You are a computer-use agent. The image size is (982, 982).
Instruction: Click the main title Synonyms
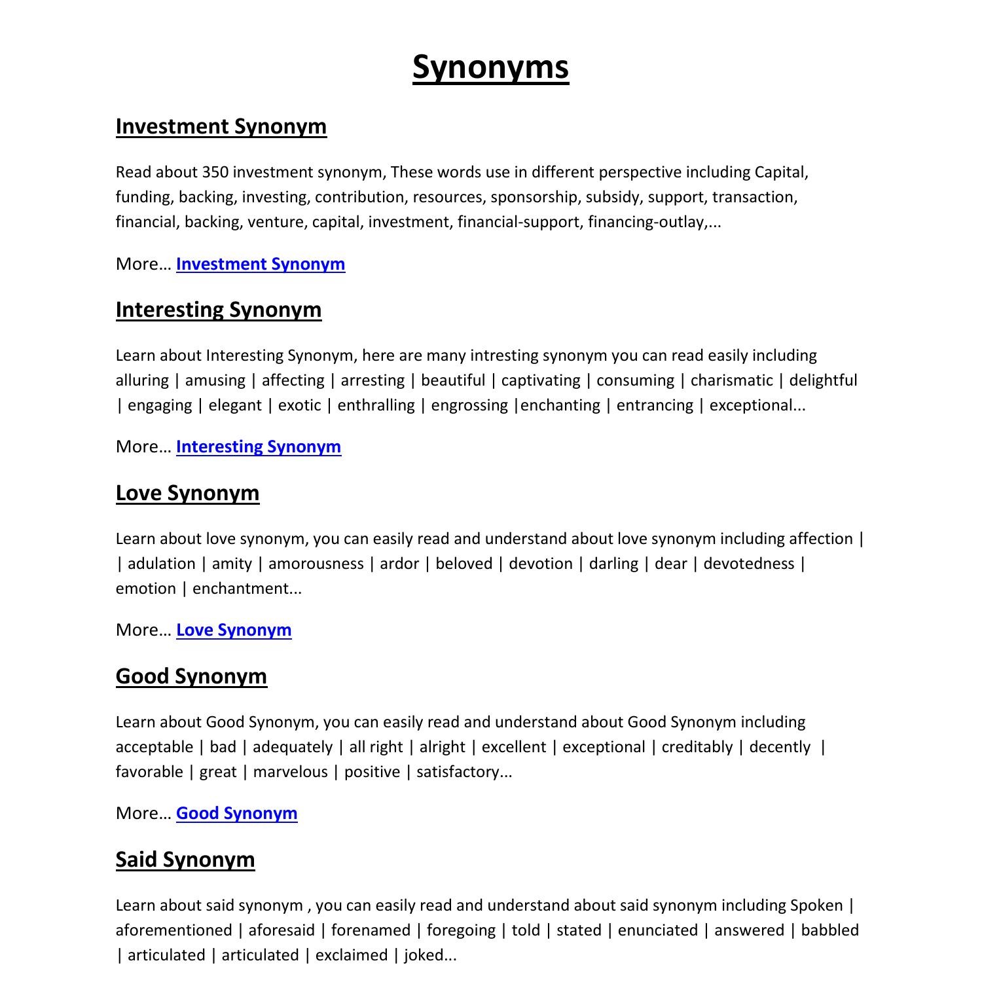coord(490,67)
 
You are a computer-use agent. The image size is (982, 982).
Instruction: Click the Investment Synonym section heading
coord(221,126)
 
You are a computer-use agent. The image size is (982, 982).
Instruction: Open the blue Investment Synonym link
coord(260,264)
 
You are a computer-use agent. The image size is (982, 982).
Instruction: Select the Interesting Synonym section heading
coord(218,310)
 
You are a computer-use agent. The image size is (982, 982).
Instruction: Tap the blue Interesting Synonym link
coord(258,446)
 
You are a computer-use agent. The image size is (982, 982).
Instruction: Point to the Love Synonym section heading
coord(187,493)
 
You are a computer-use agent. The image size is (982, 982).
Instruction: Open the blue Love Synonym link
coord(233,630)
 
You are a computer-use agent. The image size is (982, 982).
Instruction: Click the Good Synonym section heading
coord(191,676)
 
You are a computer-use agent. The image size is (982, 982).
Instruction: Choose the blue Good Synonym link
coord(236,813)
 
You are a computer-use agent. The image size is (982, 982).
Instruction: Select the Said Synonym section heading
coord(185,860)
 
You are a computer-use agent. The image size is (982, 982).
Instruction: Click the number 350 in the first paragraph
coord(215,172)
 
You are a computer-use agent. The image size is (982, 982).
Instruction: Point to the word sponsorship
coord(534,197)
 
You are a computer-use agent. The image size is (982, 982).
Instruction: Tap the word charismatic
coord(731,380)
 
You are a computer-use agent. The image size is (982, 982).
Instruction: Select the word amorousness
coord(316,564)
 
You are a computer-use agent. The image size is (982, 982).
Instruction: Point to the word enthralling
coord(376,405)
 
